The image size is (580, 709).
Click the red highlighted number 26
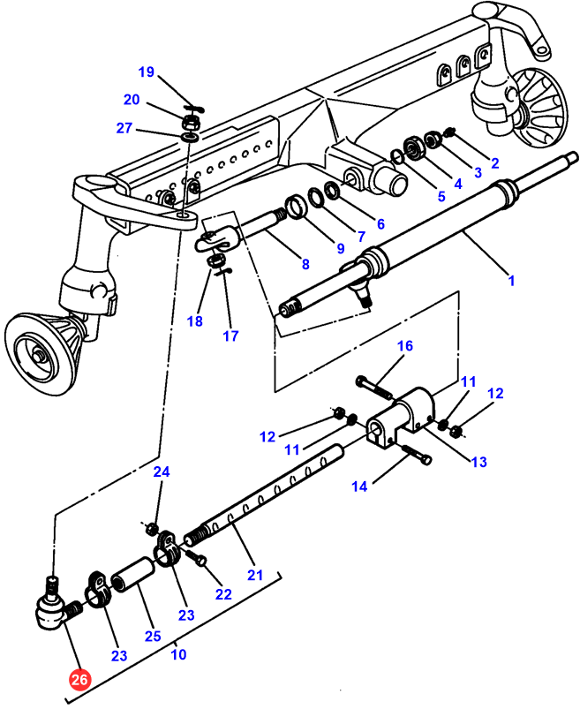coord(79,681)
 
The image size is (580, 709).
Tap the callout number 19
coord(146,72)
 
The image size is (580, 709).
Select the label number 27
coord(124,129)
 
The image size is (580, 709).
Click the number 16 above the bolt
coord(403,346)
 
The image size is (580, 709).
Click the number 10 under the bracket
coord(178,654)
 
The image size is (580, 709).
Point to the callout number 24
coord(160,472)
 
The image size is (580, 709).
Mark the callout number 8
coord(305,263)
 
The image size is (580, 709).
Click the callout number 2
coord(495,162)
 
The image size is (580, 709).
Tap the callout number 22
coord(223,594)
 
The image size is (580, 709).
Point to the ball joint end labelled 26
coord(50,608)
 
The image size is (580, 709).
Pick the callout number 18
coord(194,321)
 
